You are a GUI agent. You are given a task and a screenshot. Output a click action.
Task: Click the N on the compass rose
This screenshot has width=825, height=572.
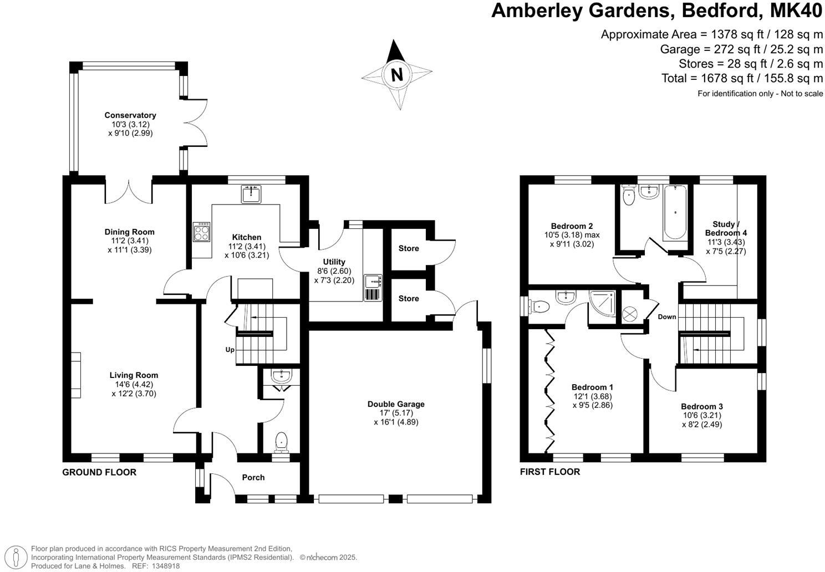(396, 74)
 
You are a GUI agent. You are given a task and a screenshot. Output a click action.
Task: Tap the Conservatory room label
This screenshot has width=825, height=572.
(130, 115)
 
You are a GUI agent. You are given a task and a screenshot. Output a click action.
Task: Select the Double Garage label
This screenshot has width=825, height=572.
(396, 404)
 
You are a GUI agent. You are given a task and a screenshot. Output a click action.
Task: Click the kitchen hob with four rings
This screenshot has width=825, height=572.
(201, 231)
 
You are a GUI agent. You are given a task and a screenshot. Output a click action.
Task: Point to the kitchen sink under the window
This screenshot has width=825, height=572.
(251, 194)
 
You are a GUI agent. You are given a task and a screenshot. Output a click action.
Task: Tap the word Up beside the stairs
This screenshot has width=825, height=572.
(230, 350)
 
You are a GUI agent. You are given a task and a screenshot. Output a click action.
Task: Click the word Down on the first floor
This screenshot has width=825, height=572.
(667, 317)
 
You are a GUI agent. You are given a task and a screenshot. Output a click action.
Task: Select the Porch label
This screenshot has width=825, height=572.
(253, 477)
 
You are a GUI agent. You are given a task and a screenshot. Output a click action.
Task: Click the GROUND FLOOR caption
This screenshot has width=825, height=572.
(99, 472)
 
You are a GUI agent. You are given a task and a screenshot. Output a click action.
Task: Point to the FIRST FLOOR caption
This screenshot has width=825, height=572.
(550, 472)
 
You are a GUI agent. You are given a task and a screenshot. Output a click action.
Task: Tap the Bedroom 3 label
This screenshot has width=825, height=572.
(702, 406)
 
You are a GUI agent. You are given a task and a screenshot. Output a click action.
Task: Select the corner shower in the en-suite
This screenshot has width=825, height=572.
(603, 304)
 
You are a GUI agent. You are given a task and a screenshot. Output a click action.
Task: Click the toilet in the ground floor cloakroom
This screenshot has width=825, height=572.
(281, 442)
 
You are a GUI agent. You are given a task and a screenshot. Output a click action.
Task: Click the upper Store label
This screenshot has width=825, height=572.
(409, 248)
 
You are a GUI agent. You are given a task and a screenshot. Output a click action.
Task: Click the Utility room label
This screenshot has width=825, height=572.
(334, 262)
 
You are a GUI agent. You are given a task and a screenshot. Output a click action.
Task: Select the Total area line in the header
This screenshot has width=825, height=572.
(742, 78)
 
